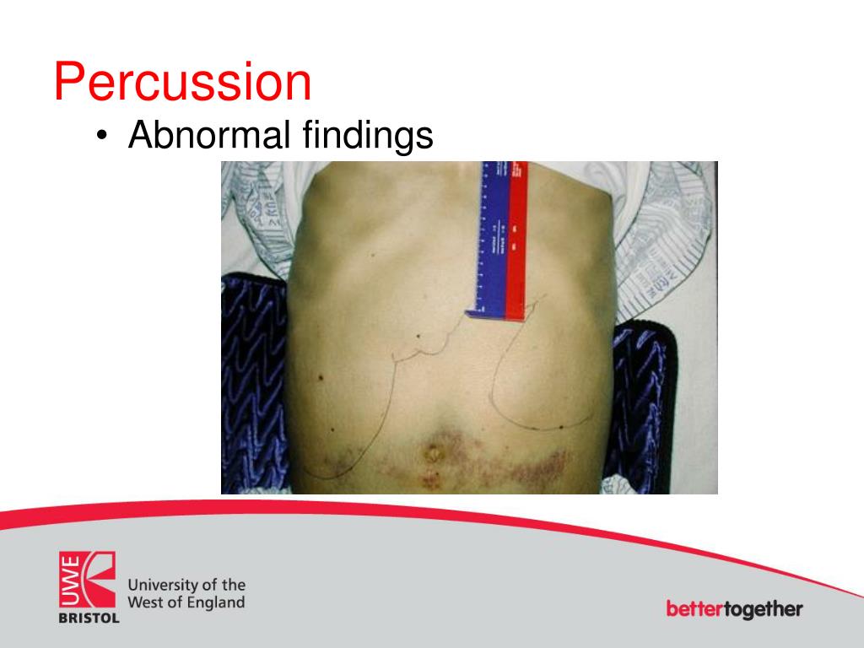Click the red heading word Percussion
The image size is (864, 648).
(x=182, y=83)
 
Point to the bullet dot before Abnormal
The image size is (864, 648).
(x=102, y=137)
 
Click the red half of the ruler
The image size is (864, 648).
(x=516, y=236)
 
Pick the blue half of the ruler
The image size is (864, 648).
(x=492, y=236)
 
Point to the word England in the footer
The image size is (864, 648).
(x=214, y=602)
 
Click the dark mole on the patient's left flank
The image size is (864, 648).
(x=322, y=373)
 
